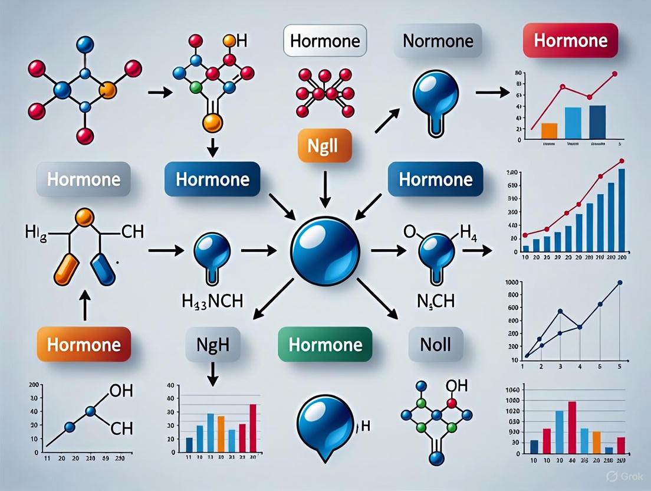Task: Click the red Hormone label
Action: (x=570, y=41)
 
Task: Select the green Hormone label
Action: (x=325, y=344)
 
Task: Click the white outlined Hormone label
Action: (x=325, y=41)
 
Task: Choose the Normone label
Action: (x=438, y=41)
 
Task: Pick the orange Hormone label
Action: (x=83, y=344)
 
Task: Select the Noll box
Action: (x=435, y=344)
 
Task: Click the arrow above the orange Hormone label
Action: (x=84, y=307)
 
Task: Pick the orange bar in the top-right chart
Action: (x=549, y=130)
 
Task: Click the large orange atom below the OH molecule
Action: (x=212, y=123)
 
